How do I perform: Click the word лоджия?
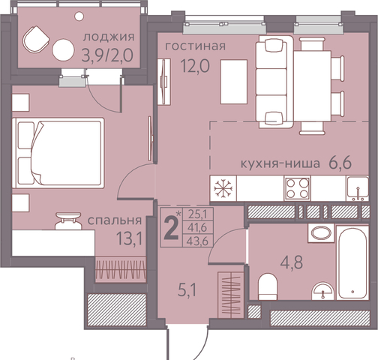click(x=109, y=37)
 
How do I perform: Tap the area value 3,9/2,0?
click(x=107, y=55)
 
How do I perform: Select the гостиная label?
click(x=195, y=46)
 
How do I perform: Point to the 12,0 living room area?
click(x=195, y=66)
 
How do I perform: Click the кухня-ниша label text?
click(x=280, y=163)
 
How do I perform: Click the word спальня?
click(x=115, y=220)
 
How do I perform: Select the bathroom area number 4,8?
click(x=292, y=262)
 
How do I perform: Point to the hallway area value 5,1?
click(x=187, y=290)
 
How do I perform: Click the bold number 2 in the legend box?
click(x=172, y=228)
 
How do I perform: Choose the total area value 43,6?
click(x=198, y=241)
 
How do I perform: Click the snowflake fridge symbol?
click(x=223, y=188)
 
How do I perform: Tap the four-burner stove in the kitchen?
click(x=298, y=188)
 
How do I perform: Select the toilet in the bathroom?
click(x=268, y=286)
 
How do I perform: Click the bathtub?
click(x=352, y=262)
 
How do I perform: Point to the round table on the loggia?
click(x=63, y=49)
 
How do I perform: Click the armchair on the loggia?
click(x=36, y=40)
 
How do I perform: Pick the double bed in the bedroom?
click(x=58, y=153)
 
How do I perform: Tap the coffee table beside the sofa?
click(x=234, y=82)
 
